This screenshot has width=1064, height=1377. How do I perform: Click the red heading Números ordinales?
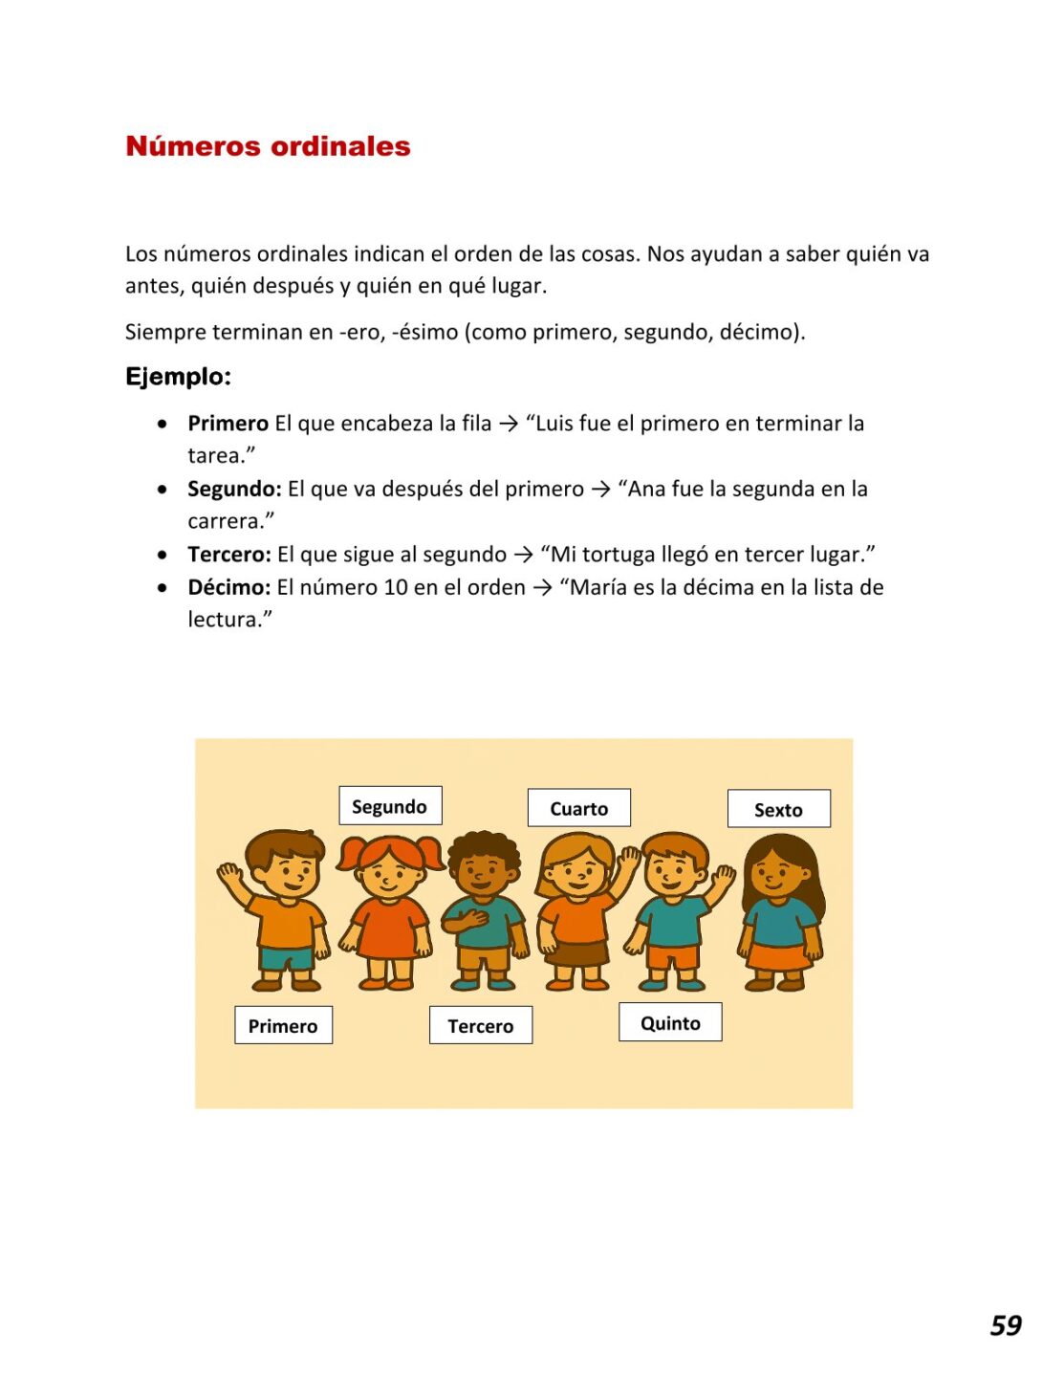tap(268, 146)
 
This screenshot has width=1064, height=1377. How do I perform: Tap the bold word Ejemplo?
tap(178, 377)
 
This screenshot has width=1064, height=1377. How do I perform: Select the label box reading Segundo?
tap(389, 806)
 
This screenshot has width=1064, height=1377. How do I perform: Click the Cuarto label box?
tap(578, 808)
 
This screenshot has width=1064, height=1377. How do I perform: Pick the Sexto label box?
tap(778, 809)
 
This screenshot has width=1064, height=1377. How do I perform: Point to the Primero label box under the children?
tap(283, 1025)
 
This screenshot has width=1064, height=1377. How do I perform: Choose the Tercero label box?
tap(480, 1025)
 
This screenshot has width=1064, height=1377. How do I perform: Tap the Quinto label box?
tap(670, 1022)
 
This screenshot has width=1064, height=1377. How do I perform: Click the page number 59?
tap(1006, 1325)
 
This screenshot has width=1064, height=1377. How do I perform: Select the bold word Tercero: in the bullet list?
tap(229, 555)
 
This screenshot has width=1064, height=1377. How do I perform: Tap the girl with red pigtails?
tap(389, 908)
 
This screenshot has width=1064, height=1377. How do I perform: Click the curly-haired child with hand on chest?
tap(484, 908)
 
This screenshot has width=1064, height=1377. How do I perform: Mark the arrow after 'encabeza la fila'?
tap(509, 424)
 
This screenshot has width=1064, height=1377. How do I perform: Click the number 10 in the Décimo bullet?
tap(396, 587)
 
